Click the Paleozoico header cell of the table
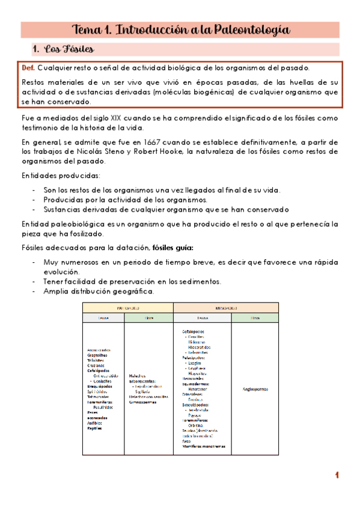(x=128, y=307)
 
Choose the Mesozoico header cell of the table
(x=225, y=307)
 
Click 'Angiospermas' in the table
(x=255, y=389)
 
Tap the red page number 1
(x=338, y=476)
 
